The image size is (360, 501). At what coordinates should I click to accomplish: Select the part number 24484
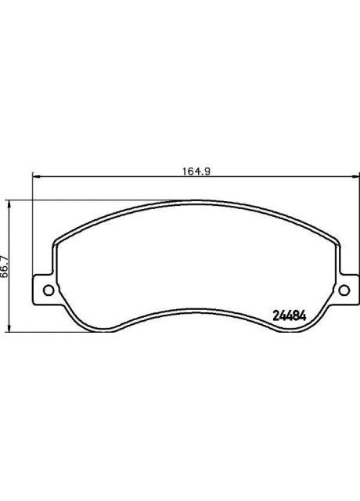tap(288, 315)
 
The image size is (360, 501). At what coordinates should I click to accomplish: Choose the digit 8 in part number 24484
tap(297, 315)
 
